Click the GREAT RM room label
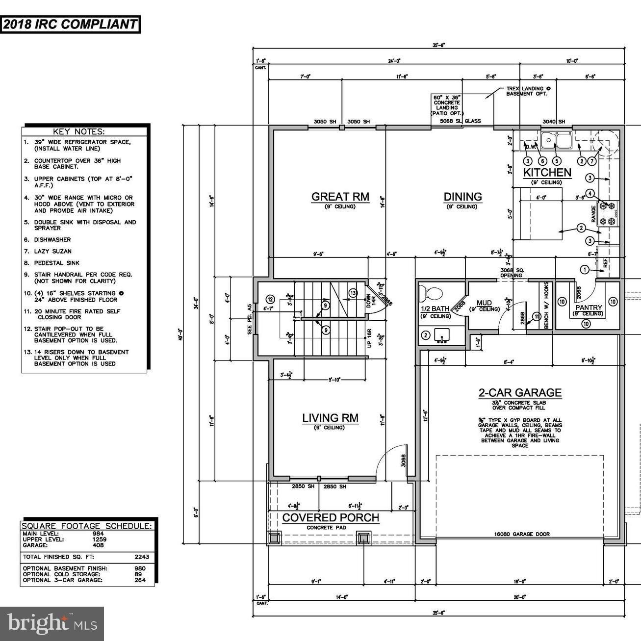(x=340, y=197)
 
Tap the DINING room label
(x=462, y=197)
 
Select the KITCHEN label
(x=547, y=173)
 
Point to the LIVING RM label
(x=330, y=418)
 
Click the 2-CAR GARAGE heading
(x=520, y=392)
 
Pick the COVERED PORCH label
(x=331, y=518)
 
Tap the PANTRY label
(x=589, y=308)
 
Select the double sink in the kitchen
(x=556, y=140)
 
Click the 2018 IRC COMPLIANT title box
(x=70, y=25)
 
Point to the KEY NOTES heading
(x=85, y=131)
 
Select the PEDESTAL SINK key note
(x=56, y=263)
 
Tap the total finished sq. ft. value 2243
(x=141, y=557)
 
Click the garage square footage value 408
(x=99, y=545)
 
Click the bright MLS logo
(x=52, y=624)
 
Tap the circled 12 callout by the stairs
(x=270, y=299)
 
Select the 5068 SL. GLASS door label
(x=460, y=121)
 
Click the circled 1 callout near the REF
(x=584, y=269)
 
